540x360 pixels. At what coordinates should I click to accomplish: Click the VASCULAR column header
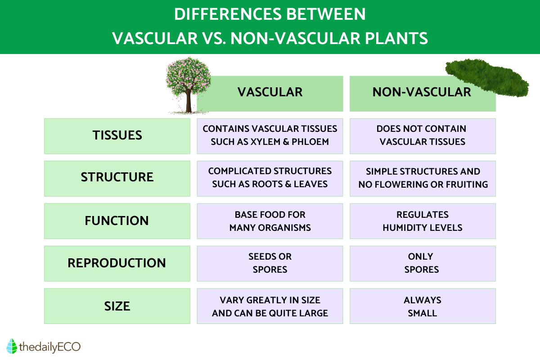[270, 93]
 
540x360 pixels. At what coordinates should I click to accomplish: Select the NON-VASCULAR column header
[422, 93]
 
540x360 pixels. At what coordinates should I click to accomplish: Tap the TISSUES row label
[117, 135]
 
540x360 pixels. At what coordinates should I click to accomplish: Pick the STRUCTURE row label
[117, 178]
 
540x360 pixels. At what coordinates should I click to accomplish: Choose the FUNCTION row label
[117, 221]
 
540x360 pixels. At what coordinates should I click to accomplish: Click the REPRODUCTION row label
[117, 263]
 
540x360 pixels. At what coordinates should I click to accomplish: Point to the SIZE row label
[117, 306]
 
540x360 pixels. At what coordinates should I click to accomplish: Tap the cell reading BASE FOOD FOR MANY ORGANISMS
[270, 221]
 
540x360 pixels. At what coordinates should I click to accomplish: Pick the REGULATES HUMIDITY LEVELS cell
[422, 221]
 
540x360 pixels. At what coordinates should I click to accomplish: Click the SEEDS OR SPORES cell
[270, 263]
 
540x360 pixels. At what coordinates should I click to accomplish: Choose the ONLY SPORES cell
[422, 263]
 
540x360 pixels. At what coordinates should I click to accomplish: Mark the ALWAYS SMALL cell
[422, 306]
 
